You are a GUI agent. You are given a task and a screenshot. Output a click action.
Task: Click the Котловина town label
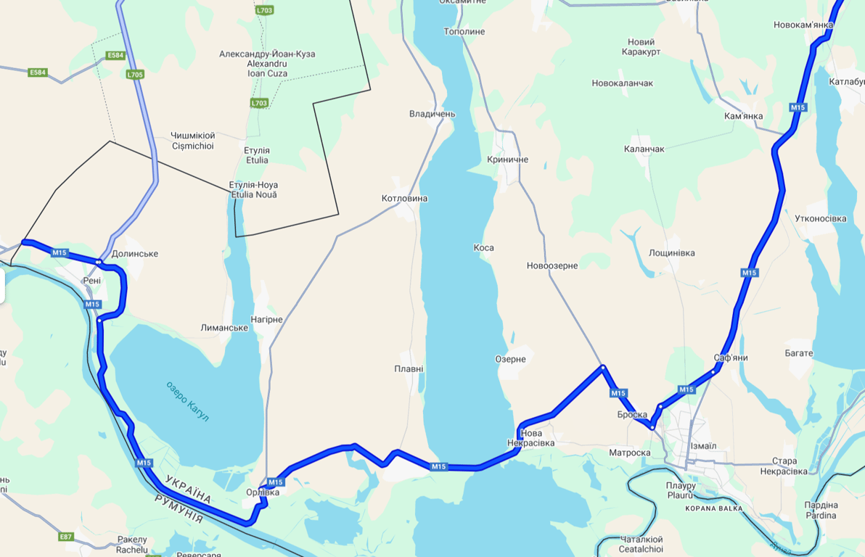[x=404, y=198]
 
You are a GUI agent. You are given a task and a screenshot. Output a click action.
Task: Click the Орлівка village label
[x=263, y=492]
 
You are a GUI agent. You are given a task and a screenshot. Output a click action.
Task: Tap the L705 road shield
[x=135, y=74]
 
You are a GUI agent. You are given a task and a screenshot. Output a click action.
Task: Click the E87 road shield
[x=66, y=537]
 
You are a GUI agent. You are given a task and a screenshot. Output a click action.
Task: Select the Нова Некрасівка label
[x=530, y=438]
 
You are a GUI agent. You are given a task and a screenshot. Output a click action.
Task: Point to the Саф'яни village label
[x=730, y=358]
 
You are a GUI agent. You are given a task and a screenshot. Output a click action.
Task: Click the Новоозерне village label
[x=552, y=265]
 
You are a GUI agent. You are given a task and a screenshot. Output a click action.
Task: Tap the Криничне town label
[x=508, y=160]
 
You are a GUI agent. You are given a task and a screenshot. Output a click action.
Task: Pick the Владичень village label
[x=432, y=114]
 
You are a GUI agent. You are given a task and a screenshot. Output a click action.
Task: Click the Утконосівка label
[x=821, y=218]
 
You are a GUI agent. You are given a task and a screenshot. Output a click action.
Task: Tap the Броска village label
[x=632, y=414]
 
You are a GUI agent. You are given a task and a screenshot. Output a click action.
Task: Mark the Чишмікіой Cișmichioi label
[x=192, y=141]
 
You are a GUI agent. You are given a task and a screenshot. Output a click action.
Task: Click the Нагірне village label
[x=266, y=319]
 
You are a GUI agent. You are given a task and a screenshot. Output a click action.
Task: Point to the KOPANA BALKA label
[x=714, y=508]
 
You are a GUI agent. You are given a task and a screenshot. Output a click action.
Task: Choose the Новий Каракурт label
[x=641, y=47]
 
